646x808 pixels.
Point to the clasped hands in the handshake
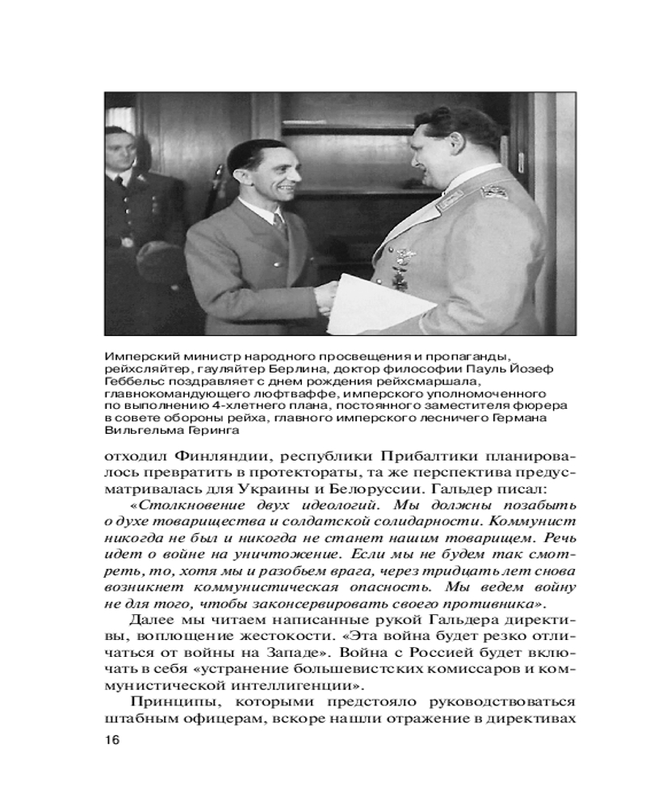(325, 295)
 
